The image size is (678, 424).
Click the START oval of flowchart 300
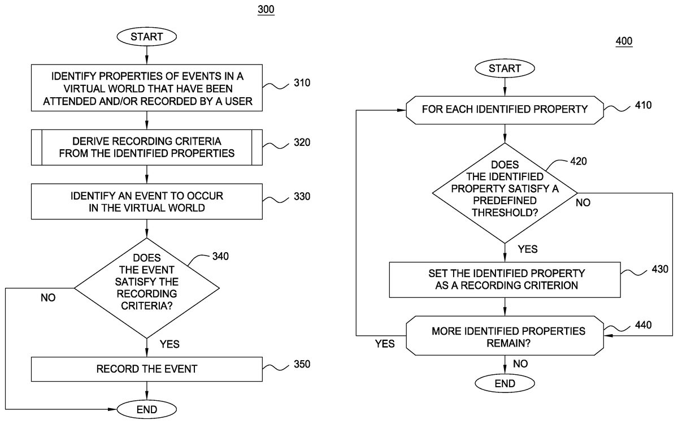pos(147,37)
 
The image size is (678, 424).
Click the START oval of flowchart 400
pos(505,68)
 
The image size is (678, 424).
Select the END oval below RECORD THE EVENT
pos(147,409)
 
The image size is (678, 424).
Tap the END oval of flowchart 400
pos(505,384)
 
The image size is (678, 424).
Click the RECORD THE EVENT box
pos(147,369)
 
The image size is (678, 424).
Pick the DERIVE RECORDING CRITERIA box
pos(147,147)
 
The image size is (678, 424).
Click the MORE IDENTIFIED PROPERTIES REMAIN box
pos(505,336)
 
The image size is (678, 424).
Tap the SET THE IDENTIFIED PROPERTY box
pos(505,280)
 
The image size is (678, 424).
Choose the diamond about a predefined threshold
pos(505,193)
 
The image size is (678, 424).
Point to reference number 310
pos(302,83)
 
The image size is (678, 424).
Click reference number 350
pos(302,364)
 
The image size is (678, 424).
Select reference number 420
pos(578,161)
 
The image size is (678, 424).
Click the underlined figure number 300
pos(266,10)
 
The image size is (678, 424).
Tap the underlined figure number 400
pos(624,41)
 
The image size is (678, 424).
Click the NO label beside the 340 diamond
pos(48,298)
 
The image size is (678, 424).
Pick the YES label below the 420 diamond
pos(527,249)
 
